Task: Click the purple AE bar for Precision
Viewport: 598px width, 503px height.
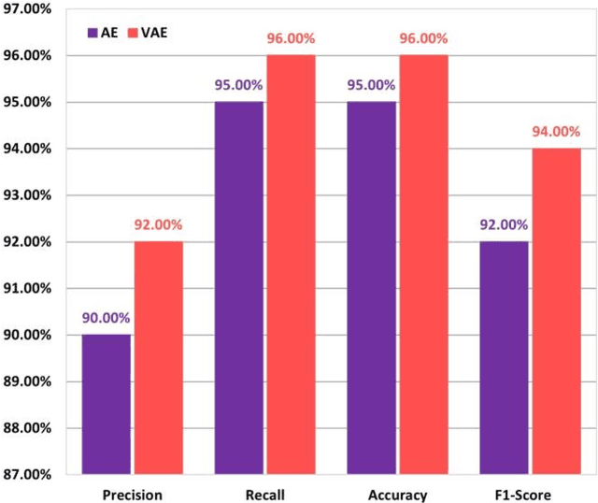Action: (107, 404)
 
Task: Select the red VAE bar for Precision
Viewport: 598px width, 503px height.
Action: (158, 358)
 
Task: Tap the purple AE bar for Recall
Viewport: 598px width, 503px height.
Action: (239, 288)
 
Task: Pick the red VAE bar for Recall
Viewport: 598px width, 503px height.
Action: (291, 265)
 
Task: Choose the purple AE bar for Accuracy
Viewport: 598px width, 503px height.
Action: (372, 288)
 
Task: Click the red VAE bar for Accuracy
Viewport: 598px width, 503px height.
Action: (423, 265)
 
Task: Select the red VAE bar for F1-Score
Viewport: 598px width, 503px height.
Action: (556, 311)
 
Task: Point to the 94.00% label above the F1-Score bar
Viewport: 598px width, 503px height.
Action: (556, 132)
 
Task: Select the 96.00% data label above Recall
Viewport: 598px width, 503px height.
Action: (291, 39)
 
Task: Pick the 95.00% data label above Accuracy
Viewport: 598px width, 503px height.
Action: (371, 85)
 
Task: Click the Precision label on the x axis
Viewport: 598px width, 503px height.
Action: (132, 494)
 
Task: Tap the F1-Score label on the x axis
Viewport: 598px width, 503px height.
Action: (530, 494)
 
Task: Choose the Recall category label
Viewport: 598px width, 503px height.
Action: (264, 494)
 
